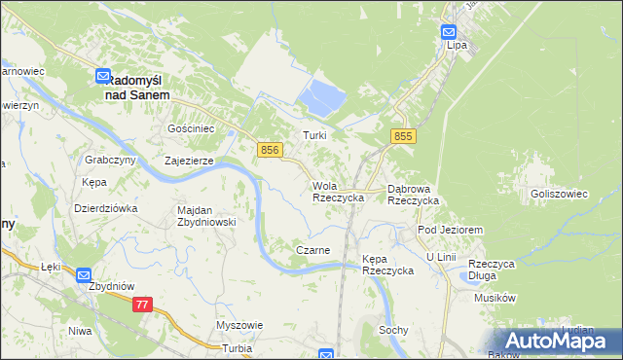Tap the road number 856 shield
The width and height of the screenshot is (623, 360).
(x=272, y=149)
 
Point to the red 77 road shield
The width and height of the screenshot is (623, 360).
(x=143, y=305)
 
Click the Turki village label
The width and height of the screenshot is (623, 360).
(x=313, y=136)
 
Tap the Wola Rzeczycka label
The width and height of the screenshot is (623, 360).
(x=338, y=191)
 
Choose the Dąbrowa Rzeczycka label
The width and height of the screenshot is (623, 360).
(x=414, y=194)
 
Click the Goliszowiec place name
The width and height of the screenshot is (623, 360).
(x=560, y=194)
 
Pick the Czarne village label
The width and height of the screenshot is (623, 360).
(x=312, y=250)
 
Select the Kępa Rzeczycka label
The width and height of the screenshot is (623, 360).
(x=387, y=264)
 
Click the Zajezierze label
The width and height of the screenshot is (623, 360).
(x=189, y=162)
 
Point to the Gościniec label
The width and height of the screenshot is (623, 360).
(x=191, y=128)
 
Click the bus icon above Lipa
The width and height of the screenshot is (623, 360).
(x=449, y=31)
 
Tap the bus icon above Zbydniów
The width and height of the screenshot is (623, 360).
(x=84, y=275)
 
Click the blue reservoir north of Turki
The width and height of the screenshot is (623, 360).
(x=324, y=95)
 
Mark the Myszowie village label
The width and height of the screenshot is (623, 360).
(x=239, y=325)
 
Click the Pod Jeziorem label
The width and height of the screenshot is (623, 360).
(x=450, y=230)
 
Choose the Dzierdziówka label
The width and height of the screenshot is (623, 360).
(x=106, y=208)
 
